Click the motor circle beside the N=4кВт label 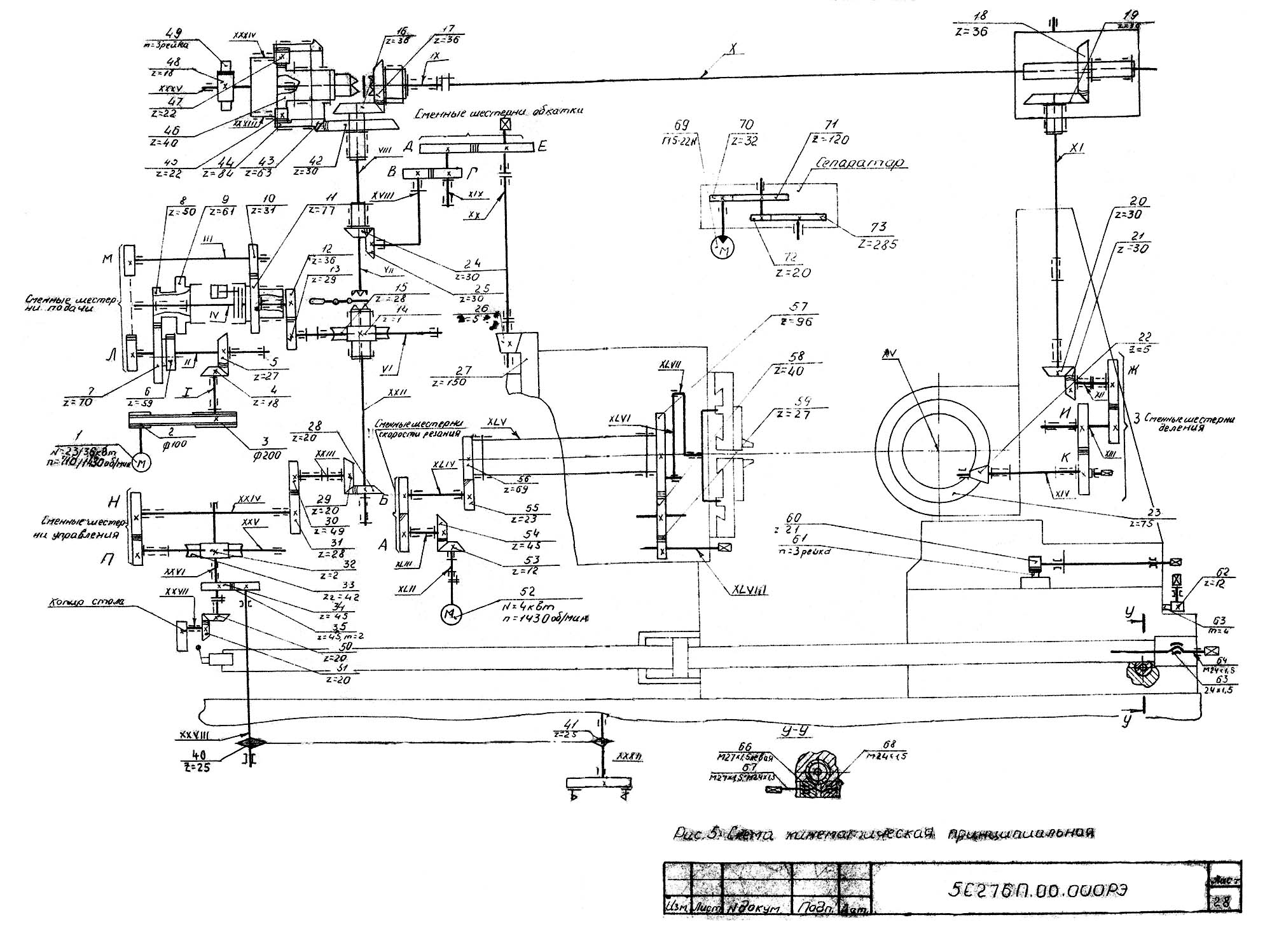tap(451, 614)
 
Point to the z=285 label tap(877, 244)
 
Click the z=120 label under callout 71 tap(831, 139)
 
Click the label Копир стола tap(78, 601)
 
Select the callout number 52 tap(527, 591)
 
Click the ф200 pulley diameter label tap(259, 456)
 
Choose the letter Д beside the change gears tap(408, 146)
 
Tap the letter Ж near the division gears tap(1131, 370)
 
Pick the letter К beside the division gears tap(1063, 458)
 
